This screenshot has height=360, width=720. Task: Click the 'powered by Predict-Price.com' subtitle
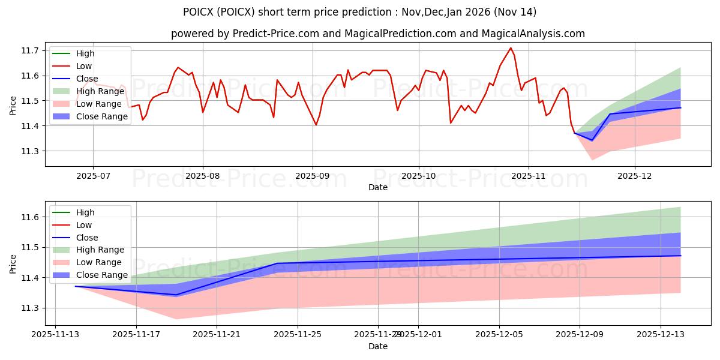pyautogui.click(x=377, y=34)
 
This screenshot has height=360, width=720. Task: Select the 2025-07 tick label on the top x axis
pyautogui.click(x=93, y=176)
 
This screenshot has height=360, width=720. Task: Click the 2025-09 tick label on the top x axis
pyautogui.click(x=313, y=176)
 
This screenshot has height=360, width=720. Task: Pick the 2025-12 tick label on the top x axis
pyautogui.click(x=635, y=176)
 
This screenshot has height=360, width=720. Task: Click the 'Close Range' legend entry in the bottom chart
pyautogui.click(x=102, y=275)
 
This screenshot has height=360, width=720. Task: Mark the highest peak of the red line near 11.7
pyautogui.click(x=511, y=48)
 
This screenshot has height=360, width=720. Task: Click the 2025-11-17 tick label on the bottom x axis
pyautogui.click(x=136, y=335)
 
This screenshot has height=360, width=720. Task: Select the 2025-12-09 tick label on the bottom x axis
pyautogui.click(x=580, y=335)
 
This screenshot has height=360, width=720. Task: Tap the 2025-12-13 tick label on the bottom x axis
pyautogui.click(x=661, y=335)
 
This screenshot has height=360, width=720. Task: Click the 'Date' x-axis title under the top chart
pyautogui.click(x=377, y=187)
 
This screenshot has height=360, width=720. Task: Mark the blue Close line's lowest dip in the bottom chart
pyautogui.click(x=176, y=295)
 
